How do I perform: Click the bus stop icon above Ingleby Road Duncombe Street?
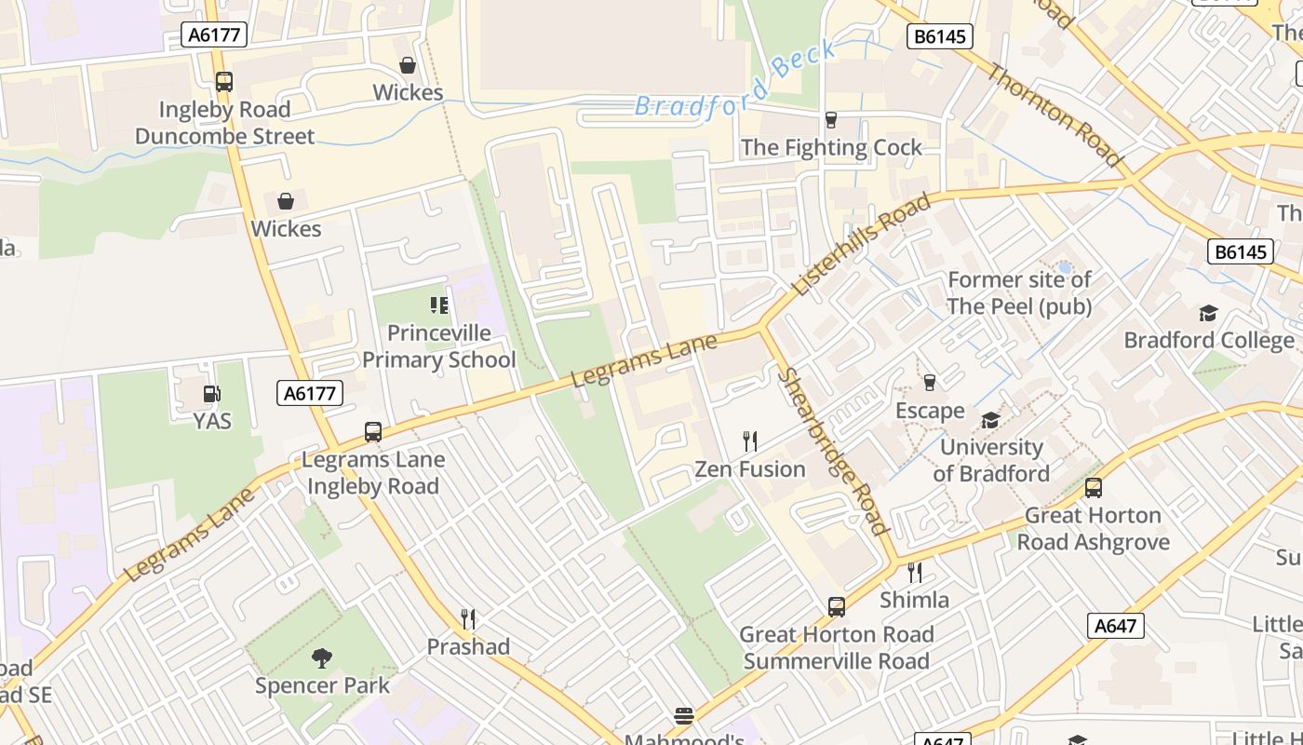pyautogui.click(x=223, y=82)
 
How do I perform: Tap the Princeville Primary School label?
pyautogui.click(x=438, y=346)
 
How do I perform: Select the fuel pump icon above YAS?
pyautogui.click(x=212, y=394)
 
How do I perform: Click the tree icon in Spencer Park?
pyautogui.click(x=322, y=658)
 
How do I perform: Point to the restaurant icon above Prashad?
pyautogui.click(x=469, y=618)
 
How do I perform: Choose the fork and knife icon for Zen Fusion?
pyautogui.click(x=750, y=440)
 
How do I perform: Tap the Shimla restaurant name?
pyautogui.click(x=914, y=600)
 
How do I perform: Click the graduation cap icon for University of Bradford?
pyautogui.click(x=990, y=420)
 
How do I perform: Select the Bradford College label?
pyautogui.click(x=1208, y=340)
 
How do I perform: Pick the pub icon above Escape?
pyautogui.click(x=929, y=383)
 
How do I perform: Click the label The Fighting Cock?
pyautogui.click(x=831, y=147)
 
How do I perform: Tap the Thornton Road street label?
pyautogui.click(x=1055, y=115)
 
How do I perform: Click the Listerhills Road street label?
pyautogui.click(x=861, y=244)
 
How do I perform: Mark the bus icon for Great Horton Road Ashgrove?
pyautogui.click(x=1094, y=488)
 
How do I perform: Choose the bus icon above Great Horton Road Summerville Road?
pyautogui.click(x=837, y=607)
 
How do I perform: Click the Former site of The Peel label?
pyautogui.click(x=1019, y=292)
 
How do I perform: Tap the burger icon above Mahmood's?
pyautogui.click(x=684, y=716)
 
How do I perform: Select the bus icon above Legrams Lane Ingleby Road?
pyautogui.click(x=373, y=432)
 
